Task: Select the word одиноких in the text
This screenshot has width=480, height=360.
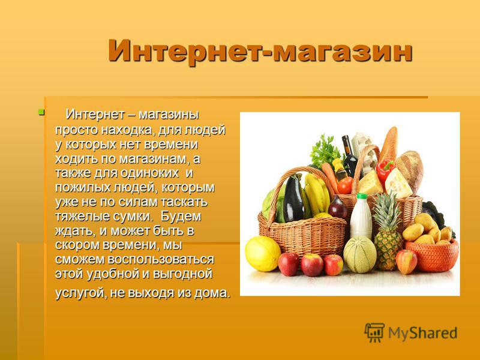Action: click(149, 173)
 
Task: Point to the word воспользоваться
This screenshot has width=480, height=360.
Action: click(161, 260)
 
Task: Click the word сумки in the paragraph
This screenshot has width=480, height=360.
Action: click(133, 217)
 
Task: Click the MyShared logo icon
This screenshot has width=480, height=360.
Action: click(374, 332)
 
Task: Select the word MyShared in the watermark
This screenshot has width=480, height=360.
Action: click(422, 334)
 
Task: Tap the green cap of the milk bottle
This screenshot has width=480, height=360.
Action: click(362, 196)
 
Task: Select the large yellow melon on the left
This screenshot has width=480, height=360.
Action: click(263, 254)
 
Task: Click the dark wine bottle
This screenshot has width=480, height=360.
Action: click(350, 157)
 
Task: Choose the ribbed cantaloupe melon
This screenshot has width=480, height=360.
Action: click(360, 254)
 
